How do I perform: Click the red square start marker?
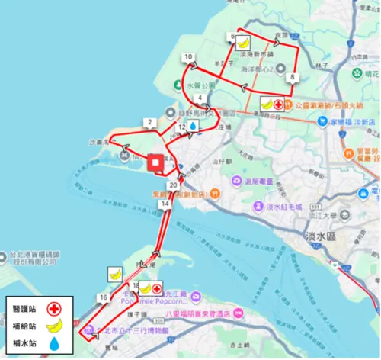[x=155, y=162]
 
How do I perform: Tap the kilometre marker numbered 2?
[x=149, y=122]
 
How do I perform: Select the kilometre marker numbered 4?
[x=199, y=98]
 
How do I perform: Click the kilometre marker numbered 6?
[x=231, y=37]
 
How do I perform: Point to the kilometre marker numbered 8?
[x=292, y=77]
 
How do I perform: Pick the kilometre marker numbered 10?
[x=187, y=56]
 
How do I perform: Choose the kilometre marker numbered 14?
[x=165, y=204]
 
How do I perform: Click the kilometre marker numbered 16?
[x=102, y=296]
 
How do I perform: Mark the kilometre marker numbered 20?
[x=174, y=185]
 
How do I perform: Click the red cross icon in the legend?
[x=54, y=309]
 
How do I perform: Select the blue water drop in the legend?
[x=54, y=344]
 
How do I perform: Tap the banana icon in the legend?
[x=54, y=326]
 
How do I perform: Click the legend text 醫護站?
[x=25, y=309]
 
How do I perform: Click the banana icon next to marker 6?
[x=243, y=43]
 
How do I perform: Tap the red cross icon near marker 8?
[x=280, y=104]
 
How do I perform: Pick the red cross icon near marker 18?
[x=157, y=289]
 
